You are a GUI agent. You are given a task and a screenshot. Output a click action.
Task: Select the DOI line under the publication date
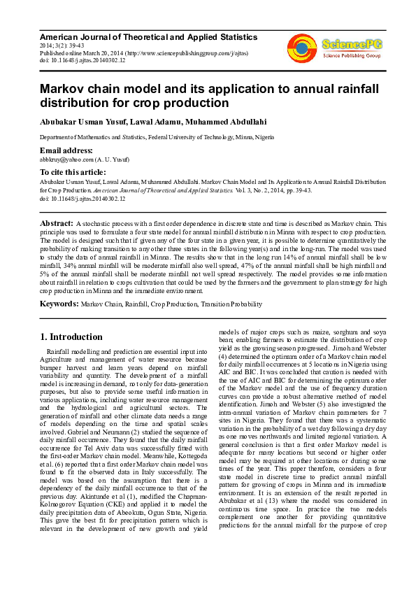click(x=83, y=61)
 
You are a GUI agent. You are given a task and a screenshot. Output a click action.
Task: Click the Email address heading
click(x=66, y=150)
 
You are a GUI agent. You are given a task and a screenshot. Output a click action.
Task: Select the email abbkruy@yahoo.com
click(x=70, y=159)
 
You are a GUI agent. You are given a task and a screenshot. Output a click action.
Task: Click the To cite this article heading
click(x=72, y=172)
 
